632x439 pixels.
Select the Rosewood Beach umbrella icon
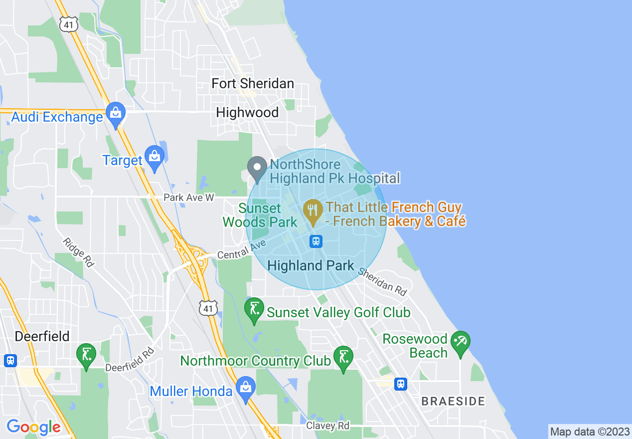(460, 342)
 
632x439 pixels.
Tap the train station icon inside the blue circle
(316, 241)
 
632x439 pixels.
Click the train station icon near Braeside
(400, 384)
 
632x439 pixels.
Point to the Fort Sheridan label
(253, 83)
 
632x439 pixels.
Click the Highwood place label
(247, 113)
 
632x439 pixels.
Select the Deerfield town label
(42, 336)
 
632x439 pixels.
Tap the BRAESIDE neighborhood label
(453, 401)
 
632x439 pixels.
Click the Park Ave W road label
(189, 198)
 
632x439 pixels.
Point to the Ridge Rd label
(78, 252)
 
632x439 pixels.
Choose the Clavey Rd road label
(327, 426)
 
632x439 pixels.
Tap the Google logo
(33, 427)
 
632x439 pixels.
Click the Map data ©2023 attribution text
(590, 432)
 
